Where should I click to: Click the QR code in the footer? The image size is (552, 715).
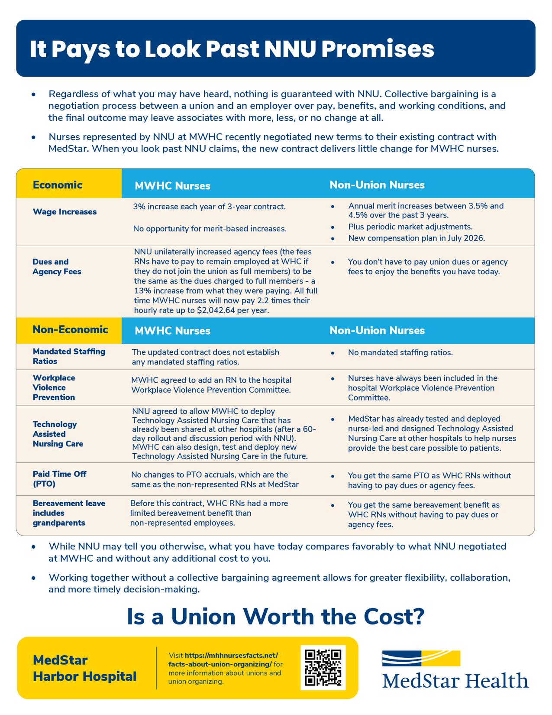323,667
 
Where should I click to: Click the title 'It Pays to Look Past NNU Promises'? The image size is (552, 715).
232,49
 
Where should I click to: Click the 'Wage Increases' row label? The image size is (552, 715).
65,212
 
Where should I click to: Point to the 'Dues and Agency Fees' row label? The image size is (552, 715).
57,266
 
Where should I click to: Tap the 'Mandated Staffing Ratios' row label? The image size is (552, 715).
69,356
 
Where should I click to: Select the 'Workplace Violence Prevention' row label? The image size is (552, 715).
54,387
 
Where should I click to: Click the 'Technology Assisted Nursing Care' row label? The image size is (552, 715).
58,434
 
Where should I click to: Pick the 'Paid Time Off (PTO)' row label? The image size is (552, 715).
59,479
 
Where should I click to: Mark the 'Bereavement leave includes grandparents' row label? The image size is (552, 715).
69,513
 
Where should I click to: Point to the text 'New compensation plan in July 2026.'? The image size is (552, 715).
416,238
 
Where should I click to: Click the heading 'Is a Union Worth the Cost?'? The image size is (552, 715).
275,617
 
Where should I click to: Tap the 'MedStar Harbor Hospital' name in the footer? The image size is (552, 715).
84,668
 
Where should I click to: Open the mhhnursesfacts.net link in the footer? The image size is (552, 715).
223,660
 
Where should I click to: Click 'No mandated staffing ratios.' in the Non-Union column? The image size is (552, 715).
400,353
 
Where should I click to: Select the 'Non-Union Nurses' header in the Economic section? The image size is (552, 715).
377,185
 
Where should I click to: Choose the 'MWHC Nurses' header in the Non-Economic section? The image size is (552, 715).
172,331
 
